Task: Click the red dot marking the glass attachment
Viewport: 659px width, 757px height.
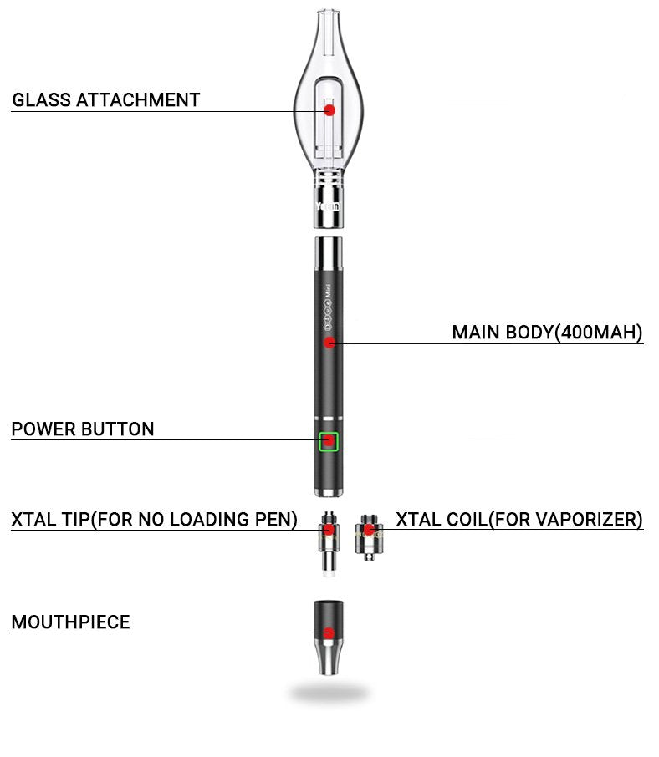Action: point(329,110)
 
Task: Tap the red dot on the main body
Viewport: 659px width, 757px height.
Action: point(329,343)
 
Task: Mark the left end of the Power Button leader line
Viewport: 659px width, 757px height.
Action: point(11,439)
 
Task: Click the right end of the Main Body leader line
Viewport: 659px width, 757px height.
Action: point(643,343)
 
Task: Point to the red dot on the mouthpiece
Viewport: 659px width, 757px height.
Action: point(329,633)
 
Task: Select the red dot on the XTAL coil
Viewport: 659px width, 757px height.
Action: point(369,530)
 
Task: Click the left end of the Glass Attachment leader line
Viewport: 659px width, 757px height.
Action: point(11,111)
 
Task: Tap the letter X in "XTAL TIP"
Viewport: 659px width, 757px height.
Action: point(17,520)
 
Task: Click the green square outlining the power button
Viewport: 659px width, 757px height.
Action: point(329,441)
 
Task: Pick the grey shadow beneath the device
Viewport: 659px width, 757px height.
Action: point(329,693)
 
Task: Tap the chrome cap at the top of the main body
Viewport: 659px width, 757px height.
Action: point(329,253)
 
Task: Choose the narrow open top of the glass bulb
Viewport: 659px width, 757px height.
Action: point(329,15)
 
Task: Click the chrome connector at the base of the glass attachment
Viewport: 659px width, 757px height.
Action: point(329,199)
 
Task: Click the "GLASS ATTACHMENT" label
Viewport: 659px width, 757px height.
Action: point(106,100)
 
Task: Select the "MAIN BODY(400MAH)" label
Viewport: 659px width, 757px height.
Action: point(547,333)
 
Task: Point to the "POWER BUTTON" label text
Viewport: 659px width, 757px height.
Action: point(83,429)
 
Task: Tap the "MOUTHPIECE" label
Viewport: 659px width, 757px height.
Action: point(70,622)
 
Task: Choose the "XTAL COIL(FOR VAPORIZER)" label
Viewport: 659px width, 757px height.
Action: point(519,520)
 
